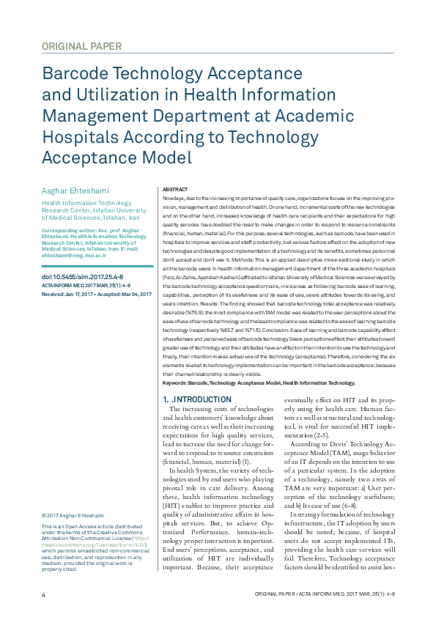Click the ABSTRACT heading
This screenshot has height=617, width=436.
click(174, 188)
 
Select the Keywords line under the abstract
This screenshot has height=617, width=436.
click(258, 383)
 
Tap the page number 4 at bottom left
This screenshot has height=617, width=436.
click(43, 592)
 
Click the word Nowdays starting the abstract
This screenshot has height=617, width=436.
click(174, 199)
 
